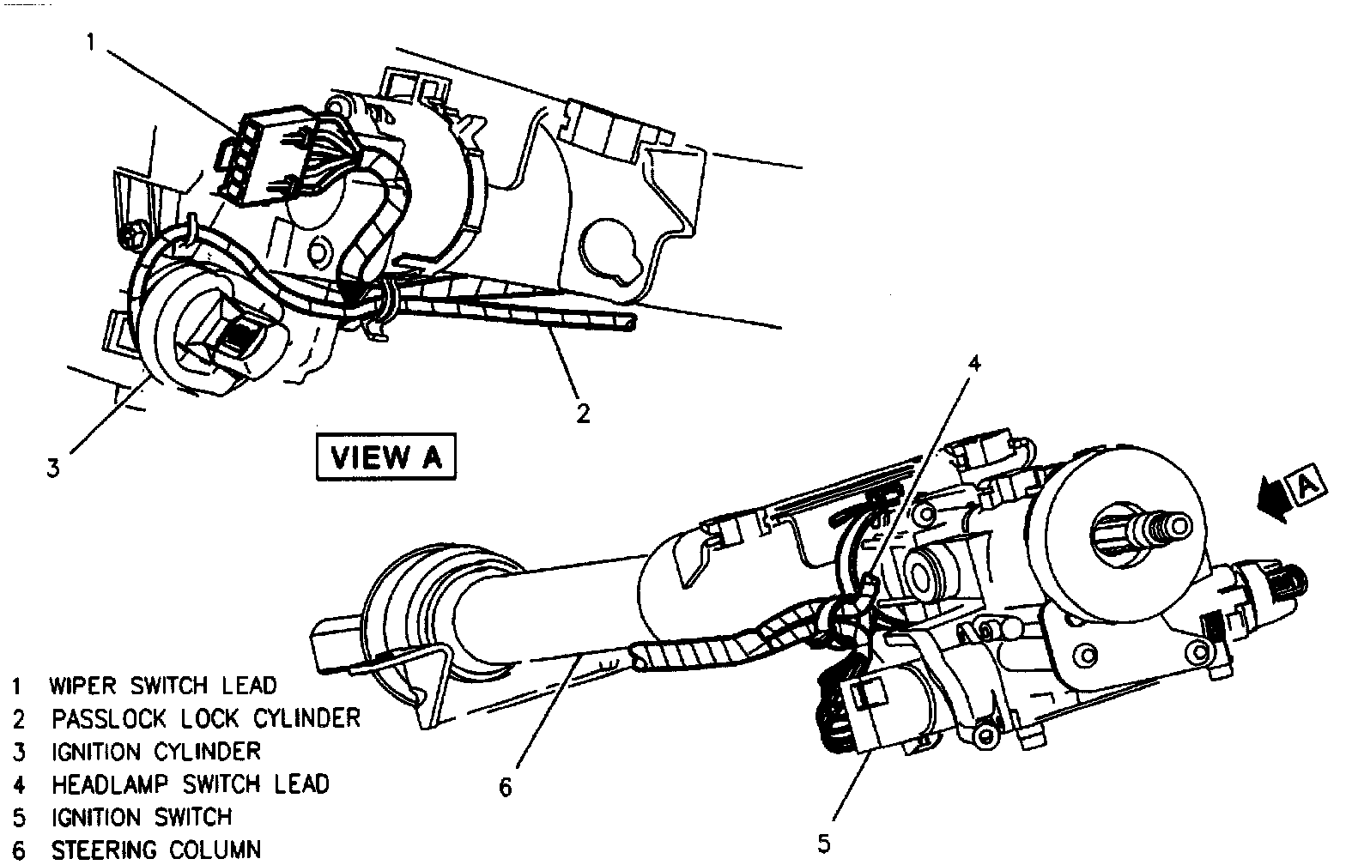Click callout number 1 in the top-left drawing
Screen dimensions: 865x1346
[91, 42]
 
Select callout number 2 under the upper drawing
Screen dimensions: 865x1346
[583, 414]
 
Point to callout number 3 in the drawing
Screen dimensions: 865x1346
[53, 469]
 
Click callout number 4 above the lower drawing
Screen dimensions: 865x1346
[973, 363]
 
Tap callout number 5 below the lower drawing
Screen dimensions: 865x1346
[824, 844]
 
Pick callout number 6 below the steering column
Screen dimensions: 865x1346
[505, 786]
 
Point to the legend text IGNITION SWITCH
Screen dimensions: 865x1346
[142, 817]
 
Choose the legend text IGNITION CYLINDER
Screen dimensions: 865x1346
[155, 752]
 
